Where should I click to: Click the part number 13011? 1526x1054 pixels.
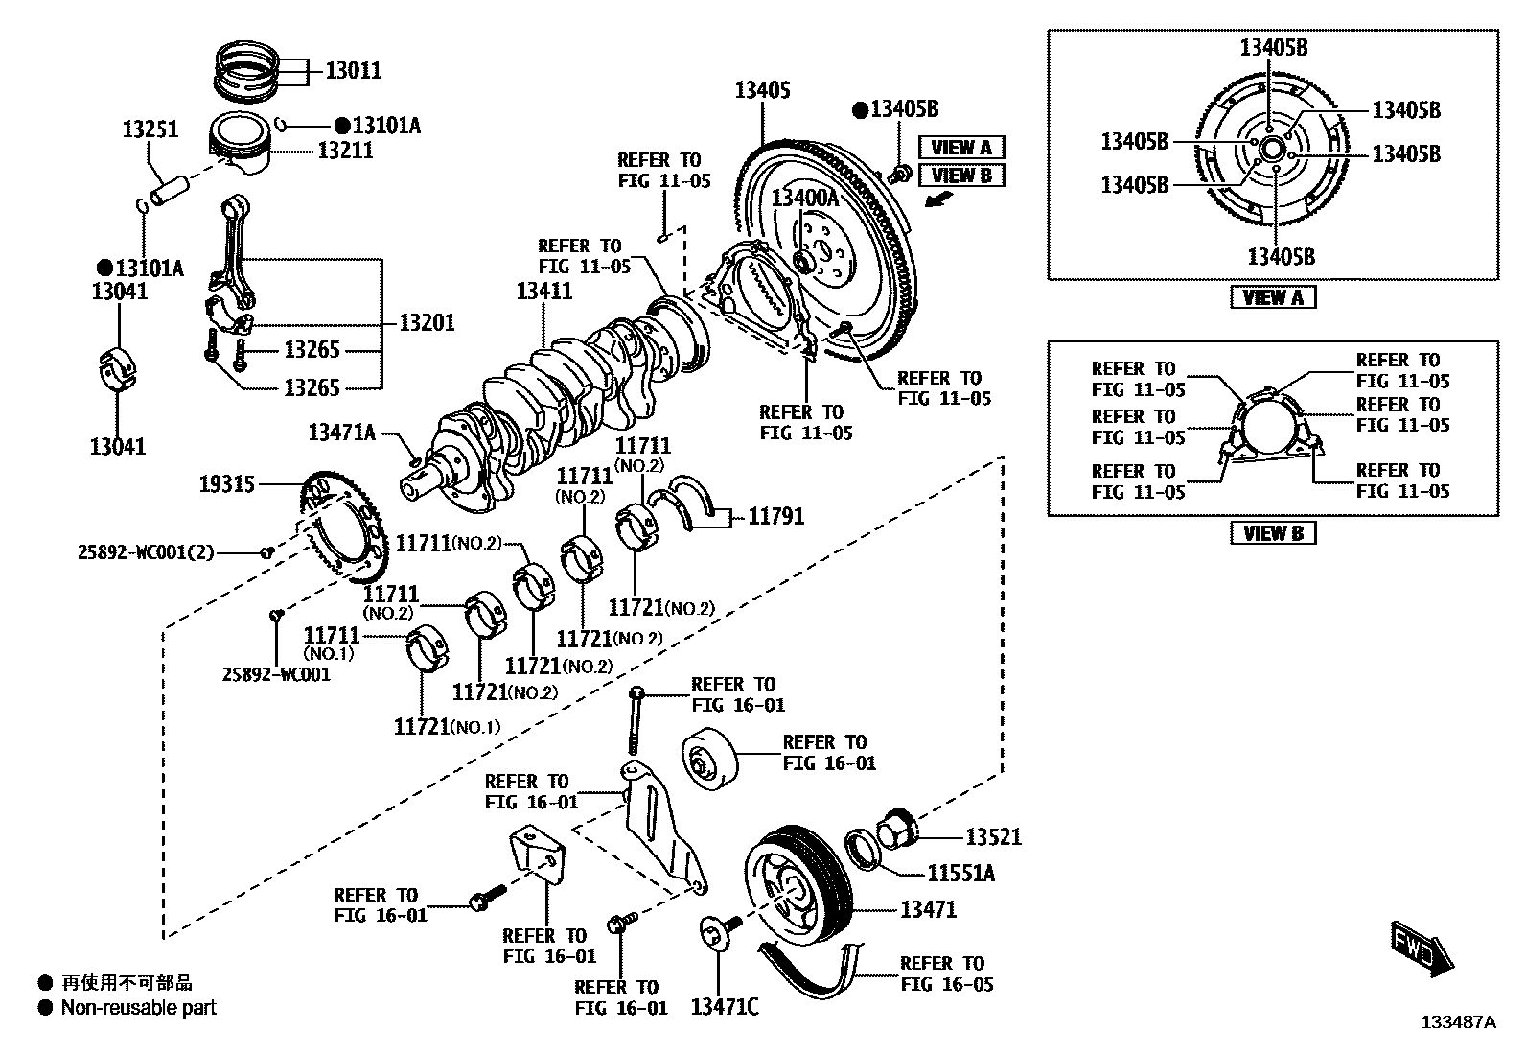click(353, 70)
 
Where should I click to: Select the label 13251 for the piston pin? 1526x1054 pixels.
click(150, 129)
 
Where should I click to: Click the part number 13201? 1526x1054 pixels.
click(427, 322)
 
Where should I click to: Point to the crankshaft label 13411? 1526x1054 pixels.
click(543, 292)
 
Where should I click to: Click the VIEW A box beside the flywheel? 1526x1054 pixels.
click(961, 147)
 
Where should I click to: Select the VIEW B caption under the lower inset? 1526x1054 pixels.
click(1273, 533)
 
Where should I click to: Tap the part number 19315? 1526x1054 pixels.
click(227, 484)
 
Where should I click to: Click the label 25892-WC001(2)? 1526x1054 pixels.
click(146, 552)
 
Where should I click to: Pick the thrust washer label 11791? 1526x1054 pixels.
click(775, 517)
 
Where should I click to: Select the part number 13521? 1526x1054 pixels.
click(993, 837)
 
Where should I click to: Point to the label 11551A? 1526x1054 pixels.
click(961, 874)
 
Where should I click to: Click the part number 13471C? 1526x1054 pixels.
click(725, 1007)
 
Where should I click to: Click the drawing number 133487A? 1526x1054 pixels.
click(1458, 1022)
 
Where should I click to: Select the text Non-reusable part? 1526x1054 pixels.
click(138, 1008)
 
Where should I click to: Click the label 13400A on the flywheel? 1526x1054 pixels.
click(805, 199)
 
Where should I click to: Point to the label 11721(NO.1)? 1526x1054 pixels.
click(447, 726)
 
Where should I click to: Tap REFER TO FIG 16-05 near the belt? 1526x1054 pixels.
click(946, 973)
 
